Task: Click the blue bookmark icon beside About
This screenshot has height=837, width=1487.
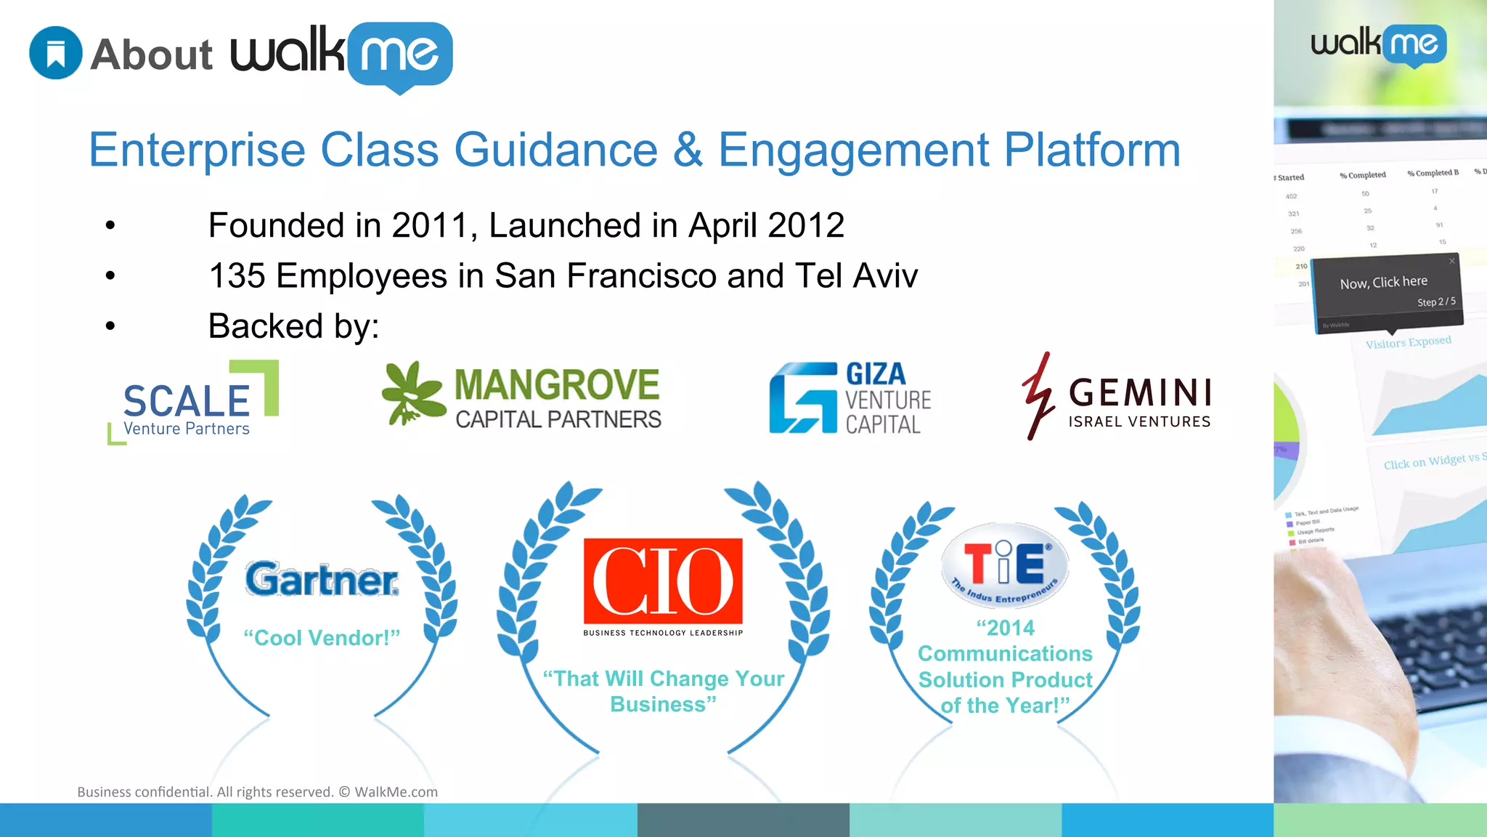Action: pos(56,53)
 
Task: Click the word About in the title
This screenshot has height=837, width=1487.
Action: pos(152,55)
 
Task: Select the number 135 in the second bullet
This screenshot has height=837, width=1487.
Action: pos(237,276)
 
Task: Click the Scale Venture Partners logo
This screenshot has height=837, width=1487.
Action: pos(193,403)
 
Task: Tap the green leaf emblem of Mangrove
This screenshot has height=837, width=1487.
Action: pos(412,393)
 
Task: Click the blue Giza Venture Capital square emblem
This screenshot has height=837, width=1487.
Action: pos(803,398)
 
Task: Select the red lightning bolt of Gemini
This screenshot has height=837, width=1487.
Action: pos(1038,396)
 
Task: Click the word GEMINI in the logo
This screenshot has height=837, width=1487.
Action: pos(1140,393)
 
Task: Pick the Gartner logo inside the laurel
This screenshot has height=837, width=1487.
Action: pos(322,579)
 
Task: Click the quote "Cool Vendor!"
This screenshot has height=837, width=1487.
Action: pos(322,638)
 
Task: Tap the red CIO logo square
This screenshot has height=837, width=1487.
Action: pos(663,581)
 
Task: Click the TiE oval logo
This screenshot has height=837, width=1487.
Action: pos(1005,565)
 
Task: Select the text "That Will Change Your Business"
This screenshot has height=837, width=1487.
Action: pos(663,691)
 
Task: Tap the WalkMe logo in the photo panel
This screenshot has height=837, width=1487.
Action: pos(1378,45)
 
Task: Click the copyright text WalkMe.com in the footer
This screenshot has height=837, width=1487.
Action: pos(396,792)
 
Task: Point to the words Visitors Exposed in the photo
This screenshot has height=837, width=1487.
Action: pos(1408,342)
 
